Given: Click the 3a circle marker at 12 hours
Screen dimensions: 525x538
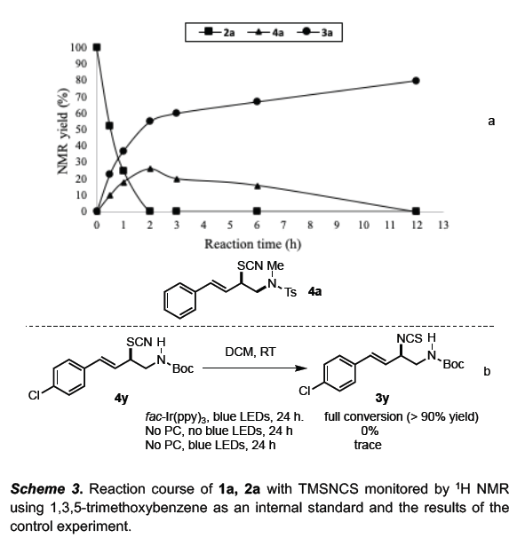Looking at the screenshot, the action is (416, 81).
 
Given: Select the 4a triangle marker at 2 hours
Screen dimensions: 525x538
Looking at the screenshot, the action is (150, 169).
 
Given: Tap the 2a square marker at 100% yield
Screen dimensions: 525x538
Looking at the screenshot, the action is (97, 47).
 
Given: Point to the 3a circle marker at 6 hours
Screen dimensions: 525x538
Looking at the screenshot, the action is (257, 101).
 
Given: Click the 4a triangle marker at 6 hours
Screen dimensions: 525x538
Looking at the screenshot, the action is (258, 186).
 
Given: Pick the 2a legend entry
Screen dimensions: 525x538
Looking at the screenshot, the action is (217, 33).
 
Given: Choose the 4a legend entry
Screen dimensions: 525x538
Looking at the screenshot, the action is (266, 33).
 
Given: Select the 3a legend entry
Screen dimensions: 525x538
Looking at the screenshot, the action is (314, 33).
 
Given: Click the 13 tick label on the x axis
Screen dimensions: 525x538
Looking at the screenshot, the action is (443, 225).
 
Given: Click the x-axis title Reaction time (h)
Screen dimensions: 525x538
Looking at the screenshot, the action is (252, 244).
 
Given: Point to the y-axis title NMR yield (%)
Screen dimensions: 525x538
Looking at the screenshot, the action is (62, 131).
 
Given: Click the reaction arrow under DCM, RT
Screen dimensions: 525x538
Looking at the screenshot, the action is (254, 368).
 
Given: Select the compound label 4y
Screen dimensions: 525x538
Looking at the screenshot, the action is (121, 398).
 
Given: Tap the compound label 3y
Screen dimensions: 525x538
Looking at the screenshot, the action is (382, 398).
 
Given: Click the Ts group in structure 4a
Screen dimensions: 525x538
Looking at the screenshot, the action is (290, 292).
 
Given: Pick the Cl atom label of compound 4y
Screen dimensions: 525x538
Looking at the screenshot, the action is (34, 396).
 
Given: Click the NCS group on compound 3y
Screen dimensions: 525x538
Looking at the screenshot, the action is (410, 338).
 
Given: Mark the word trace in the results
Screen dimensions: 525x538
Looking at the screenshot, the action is (368, 445).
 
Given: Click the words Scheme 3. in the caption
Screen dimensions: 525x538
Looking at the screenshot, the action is (47, 489).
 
